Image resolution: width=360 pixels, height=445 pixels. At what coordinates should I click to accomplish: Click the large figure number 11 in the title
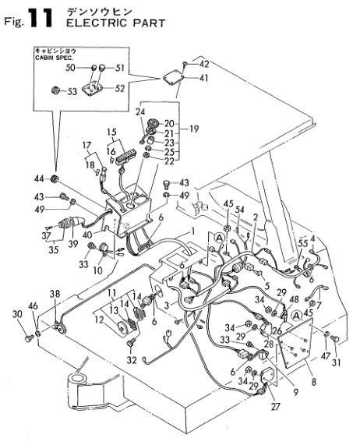tap(41, 18)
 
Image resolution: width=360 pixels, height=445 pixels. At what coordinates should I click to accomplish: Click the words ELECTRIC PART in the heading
tap(116, 23)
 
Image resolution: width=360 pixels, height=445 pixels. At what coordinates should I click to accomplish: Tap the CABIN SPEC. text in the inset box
tap(55, 58)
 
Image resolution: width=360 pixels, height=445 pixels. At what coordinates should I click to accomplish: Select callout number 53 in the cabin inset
tap(72, 91)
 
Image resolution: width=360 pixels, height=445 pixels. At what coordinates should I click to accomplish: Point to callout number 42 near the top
tap(204, 64)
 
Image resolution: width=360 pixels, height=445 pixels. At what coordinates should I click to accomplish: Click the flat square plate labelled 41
tap(173, 78)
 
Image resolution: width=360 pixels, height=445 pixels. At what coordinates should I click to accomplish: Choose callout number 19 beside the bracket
tap(194, 129)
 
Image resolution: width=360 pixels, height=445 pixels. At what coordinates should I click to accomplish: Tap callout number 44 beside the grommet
tap(39, 178)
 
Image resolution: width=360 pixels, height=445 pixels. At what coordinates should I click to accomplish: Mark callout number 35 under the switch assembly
tap(53, 249)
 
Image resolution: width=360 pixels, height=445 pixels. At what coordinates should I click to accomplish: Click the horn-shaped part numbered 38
tap(61, 327)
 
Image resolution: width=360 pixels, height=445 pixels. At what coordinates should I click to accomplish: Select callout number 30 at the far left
tap(17, 314)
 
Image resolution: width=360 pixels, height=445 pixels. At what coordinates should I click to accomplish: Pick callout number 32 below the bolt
tap(132, 360)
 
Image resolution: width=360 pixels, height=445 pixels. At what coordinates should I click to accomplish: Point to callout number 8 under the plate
tap(313, 382)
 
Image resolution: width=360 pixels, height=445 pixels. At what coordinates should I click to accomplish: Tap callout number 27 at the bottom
tap(276, 406)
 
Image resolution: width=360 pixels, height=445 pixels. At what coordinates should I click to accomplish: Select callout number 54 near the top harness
tap(240, 210)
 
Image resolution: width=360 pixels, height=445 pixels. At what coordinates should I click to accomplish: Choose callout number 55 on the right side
tap(302, 243)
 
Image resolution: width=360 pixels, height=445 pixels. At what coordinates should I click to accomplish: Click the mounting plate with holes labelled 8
tap(295, 343)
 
